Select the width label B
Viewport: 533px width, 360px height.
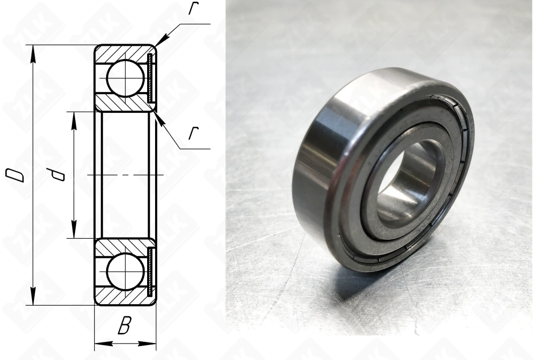point(124,326)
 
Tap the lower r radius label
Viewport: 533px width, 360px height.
point(193,133)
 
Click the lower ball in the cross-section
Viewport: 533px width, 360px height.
point(125,272)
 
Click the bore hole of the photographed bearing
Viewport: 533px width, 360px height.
point(408,184)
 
